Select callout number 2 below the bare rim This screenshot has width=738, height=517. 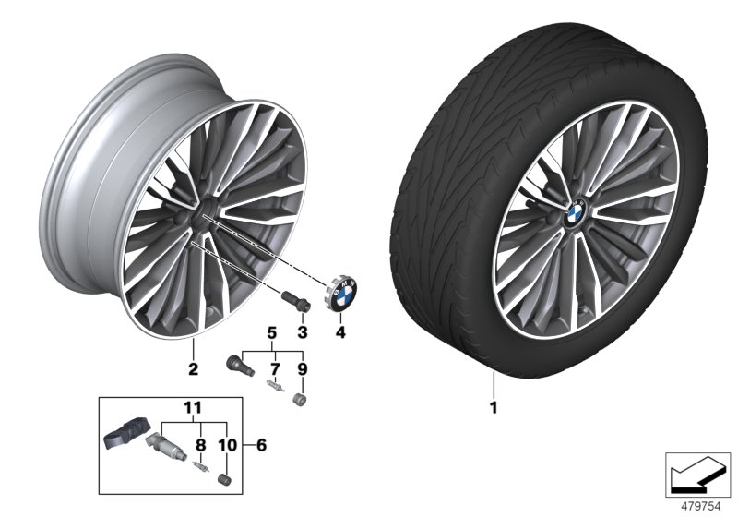coord(193,372)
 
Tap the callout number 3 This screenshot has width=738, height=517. coord(302,331)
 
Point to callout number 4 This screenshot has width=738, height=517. coord(339,331)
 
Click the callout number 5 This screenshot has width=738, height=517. coord(272,331)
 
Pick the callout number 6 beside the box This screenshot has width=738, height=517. coord(262,445)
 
